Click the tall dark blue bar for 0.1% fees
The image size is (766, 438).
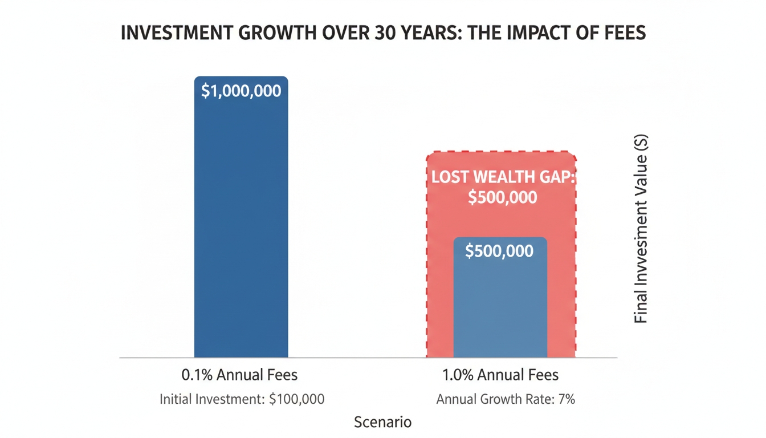(241, 228)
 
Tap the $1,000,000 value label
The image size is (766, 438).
(241, 91)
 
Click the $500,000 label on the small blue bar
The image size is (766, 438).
(499, 252)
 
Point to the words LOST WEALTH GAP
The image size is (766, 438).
(502, 177)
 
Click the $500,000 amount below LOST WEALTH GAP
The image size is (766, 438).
(502, 197)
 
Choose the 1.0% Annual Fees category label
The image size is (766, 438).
(500, 375)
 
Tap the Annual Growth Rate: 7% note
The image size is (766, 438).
(506, 399)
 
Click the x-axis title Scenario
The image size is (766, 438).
(382, 423)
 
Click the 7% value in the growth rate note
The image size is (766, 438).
(567, 399)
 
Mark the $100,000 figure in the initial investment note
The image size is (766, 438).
(296, 399)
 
